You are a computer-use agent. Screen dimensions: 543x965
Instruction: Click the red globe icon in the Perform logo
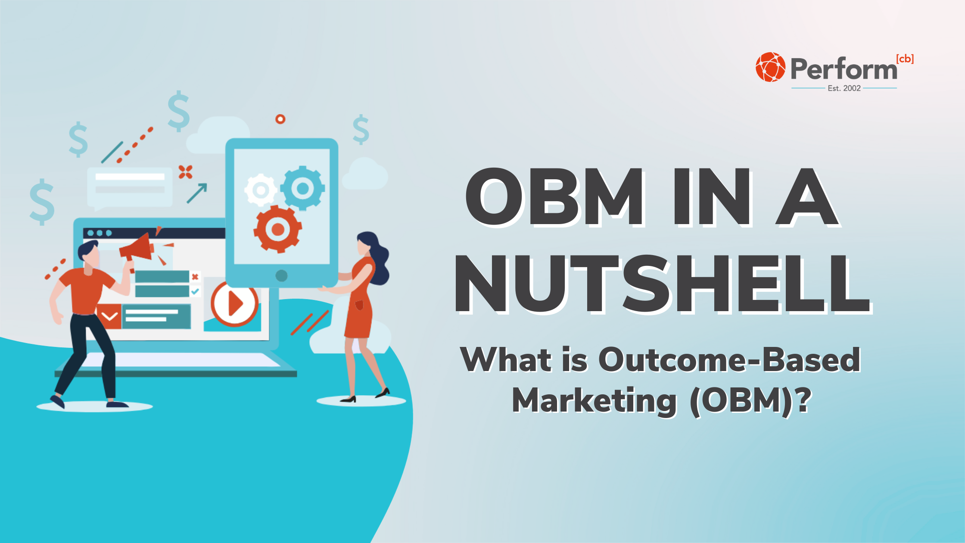770,67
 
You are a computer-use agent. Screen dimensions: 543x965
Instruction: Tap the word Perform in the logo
844,69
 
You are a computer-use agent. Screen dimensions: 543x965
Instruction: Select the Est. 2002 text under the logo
844,88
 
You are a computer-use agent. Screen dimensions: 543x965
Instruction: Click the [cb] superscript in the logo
905,59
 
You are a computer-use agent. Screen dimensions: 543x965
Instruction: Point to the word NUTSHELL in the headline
662,284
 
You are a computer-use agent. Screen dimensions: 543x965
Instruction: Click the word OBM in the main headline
554,197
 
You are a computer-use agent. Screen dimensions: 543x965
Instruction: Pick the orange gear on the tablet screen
278,229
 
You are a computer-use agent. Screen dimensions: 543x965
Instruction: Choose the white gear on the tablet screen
260,190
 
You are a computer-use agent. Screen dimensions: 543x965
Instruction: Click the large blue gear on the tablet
302,188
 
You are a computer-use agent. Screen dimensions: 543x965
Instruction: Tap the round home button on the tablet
281,275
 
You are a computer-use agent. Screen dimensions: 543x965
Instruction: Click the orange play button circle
234,303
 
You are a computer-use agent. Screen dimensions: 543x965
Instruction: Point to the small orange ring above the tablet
280,119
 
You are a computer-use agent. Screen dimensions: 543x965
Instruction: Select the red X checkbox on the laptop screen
195,277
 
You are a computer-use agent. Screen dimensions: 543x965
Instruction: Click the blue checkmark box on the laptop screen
195,291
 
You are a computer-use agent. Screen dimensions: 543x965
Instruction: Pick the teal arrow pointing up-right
197,193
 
